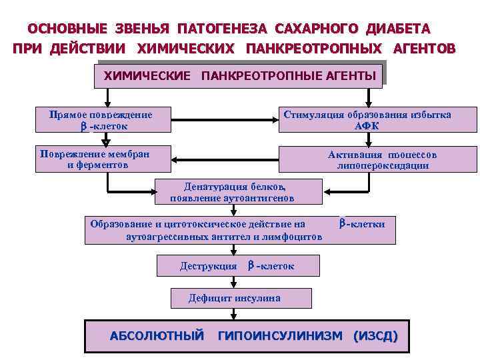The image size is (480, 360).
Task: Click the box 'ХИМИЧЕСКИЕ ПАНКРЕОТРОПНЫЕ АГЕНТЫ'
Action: click(x=240, y=75)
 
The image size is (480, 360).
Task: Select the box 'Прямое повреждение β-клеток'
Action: click(x=103, y=120)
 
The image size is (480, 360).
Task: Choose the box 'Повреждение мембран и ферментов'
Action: click(x=103, y=159)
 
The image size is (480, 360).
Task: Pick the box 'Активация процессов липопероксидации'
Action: click(x=377, y=159)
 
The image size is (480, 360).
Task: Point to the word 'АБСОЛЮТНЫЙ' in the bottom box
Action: click(x=156, y=336)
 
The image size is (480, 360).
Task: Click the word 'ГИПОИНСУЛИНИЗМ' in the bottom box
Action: click(x=280, y=336)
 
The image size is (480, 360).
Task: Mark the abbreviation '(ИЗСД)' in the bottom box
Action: click(x=375, y=336)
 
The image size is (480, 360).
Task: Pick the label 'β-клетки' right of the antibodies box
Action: click(x=361, y=224)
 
